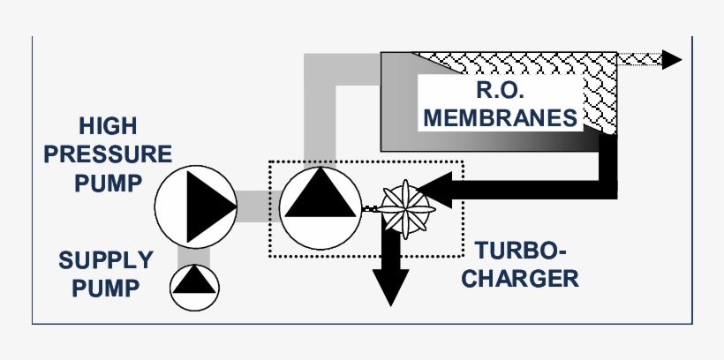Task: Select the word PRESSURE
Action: click(108, 154)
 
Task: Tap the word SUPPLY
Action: click(106, 260)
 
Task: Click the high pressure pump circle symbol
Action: click(194, 205)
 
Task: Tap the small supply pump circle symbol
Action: click(193, 284)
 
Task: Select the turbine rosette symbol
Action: click(405, 208)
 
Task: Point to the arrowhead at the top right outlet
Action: click(672, 59)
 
